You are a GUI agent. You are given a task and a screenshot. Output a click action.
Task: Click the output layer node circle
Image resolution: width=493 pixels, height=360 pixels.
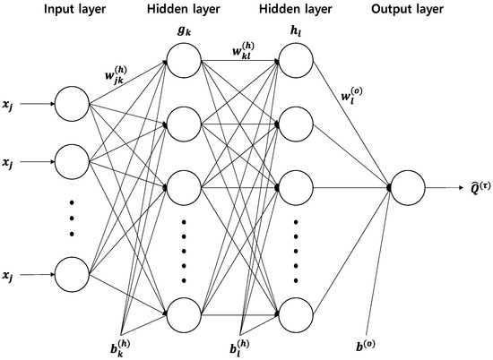tap(409, 188)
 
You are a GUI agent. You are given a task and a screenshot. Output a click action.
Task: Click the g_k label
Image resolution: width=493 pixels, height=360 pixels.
tap(182, 33)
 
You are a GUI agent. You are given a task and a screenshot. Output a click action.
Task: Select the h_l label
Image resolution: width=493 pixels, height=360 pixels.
tap(296, 33)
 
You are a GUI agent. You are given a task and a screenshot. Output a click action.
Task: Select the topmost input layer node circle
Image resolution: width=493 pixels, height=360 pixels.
tap(72, 103)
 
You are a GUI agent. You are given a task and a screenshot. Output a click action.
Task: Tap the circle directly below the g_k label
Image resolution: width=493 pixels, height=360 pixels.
tap(182, 62)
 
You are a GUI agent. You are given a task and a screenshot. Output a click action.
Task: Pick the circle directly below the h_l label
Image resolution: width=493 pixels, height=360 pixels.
tap(296, 62)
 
